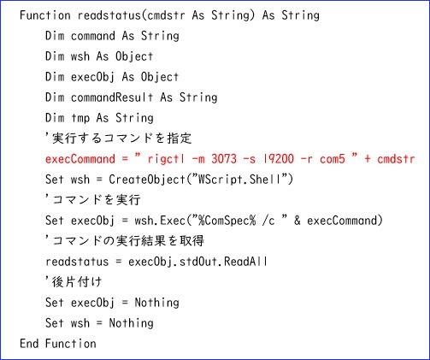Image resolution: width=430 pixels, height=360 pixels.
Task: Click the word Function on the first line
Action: pyautogui.click(x=45, y=15)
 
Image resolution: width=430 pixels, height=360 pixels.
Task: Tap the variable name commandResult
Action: pyautogui.click(x=112, y=97)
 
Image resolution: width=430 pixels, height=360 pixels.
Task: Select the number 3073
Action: pyautogui.click(x=224, y=159)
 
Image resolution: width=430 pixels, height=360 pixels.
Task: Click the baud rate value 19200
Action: pyautogui.click(x=279, y=159)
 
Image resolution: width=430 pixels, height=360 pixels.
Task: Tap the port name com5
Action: pyautogui.click(x=333, y=159)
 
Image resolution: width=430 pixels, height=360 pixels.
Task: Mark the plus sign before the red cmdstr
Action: pyautogui.click(x=368, y=159)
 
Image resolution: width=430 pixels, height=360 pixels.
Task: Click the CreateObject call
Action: pyautogui.click(x=147, y=180)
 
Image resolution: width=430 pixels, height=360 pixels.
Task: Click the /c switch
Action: pyautogui.click(x=268, y=221)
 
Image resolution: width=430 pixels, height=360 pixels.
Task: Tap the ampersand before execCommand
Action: pyautogui.click(x=297, y=221)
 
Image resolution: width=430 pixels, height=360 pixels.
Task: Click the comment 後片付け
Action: pyautogui.click(x=77, y=282)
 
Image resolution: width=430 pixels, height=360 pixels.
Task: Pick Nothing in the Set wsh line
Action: pyautogui.click(x=131, y=323)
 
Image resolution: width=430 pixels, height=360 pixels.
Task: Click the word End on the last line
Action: pyautogui.click(x=29, y=344)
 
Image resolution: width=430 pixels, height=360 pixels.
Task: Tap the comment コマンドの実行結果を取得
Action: pyautogui.click(x=128, y=241)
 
